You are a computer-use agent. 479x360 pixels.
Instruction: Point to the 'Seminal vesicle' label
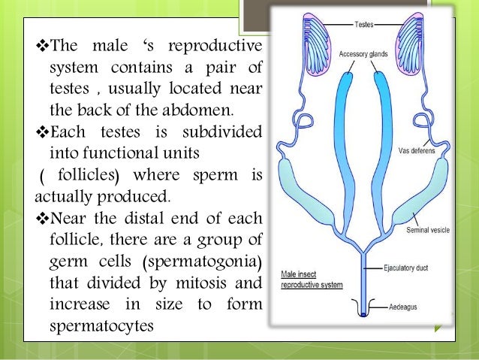tap(428, 229)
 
